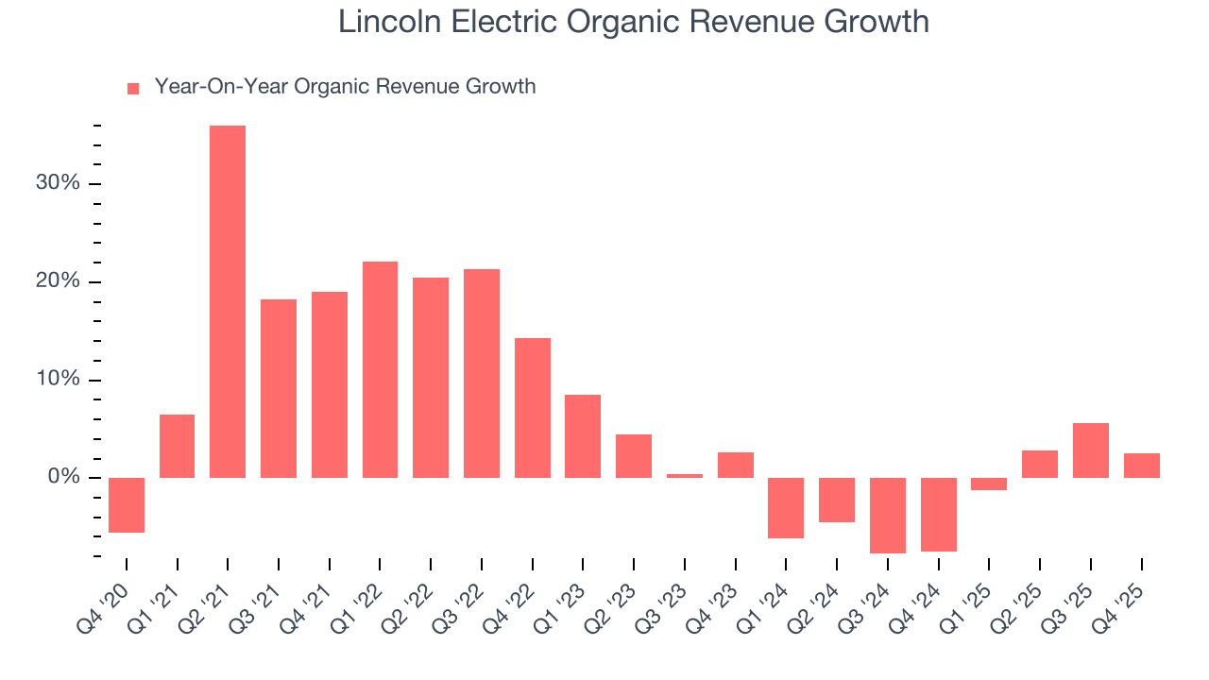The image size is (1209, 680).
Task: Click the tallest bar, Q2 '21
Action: point(228,301)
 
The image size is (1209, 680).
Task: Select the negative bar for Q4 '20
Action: point(127,505)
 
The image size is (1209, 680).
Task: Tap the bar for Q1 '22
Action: point(380,369)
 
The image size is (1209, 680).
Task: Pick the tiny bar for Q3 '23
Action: point(684,476)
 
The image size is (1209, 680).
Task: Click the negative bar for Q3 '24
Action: point(887,515)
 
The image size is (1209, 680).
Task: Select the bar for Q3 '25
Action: point(1090,450)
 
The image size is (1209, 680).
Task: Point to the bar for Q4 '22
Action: point(532,408)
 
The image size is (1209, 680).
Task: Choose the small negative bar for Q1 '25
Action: point(989,484)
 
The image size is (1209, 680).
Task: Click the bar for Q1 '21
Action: point(177,446)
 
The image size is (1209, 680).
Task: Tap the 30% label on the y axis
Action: point(58,183)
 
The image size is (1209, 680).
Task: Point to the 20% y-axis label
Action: point(58,281)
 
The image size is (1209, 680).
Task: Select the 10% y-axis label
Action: point(58,380)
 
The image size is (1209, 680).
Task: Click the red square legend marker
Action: point(133,88)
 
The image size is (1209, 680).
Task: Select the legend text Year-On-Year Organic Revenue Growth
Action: point(345,87)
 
